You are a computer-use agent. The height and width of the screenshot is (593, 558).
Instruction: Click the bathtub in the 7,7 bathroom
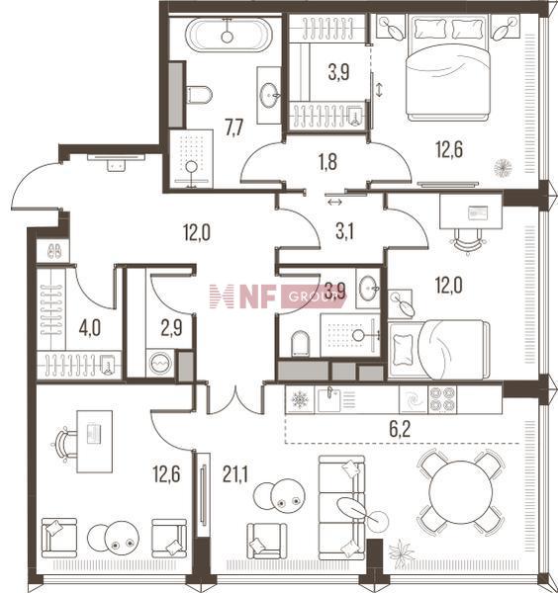tap(229, 35)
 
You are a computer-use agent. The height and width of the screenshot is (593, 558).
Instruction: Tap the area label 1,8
tap(327, 162)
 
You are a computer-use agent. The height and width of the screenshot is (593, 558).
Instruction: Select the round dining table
tap(461, 492)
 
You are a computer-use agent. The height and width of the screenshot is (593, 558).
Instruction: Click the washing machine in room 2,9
tap(160, 363)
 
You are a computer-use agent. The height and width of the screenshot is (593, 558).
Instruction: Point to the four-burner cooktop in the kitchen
tap(442, 399)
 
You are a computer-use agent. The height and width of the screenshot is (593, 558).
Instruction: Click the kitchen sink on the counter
tap(329, 399)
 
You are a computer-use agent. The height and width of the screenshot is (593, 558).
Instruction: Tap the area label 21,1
tap(235, 474)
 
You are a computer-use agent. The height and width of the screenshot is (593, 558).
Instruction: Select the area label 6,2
tap(400, 430)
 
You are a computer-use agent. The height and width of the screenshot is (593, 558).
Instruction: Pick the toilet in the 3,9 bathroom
tap(301, 343)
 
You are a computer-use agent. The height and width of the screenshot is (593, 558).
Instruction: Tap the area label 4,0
tap(90, 327)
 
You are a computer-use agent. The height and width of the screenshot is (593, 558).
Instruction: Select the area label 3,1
tap(344, 231)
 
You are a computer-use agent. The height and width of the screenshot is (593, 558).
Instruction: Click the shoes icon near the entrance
tap(54, 251)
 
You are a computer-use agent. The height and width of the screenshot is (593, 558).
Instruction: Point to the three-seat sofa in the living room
tap(341, 507)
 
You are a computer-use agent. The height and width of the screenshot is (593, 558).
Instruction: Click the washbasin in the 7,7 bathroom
tap(269, 95)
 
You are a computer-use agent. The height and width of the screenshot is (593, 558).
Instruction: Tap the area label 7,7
tap(233, 127)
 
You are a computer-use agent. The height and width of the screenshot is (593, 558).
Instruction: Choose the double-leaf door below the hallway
tap(235, 399)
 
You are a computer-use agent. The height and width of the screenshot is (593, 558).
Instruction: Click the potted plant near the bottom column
tap(402, 554)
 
